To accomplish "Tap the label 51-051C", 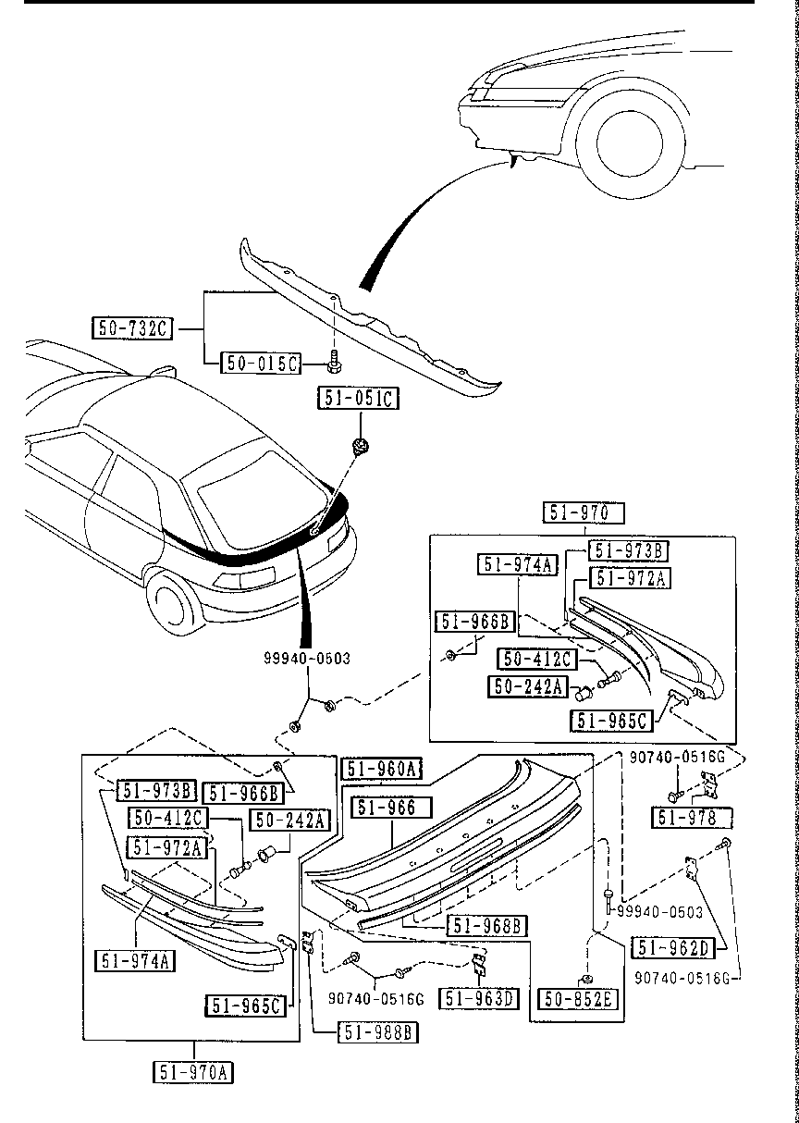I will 359,399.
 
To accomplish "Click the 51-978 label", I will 692,818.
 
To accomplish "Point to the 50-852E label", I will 580,999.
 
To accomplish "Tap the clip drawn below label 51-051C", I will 359,448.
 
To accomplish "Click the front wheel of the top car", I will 630,142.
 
